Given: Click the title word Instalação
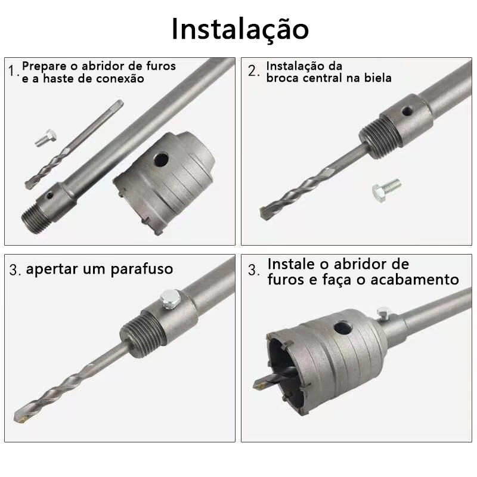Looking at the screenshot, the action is pyautogui.click(x=240, y=29).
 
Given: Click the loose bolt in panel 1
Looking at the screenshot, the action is pyautogui.click(x=46, y=138).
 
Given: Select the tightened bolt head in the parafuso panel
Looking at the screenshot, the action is pyautogui.click(x=170, y=299).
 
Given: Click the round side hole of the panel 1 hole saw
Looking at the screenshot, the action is pyautogui.click(x=161, y=159).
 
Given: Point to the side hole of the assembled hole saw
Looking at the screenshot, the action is pyautogui.click(x=342, y=329).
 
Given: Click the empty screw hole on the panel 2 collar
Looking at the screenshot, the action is pyautogui.click(x=407, y=111).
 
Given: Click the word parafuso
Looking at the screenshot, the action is pyautogui.click(x=142, y=270).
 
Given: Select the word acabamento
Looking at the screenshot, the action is pyautogui.click(x=414, y=280).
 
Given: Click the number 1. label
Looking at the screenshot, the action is pyautogui.click(x=13, y=71).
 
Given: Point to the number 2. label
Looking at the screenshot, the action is pyautogui.click(x=253, y=71).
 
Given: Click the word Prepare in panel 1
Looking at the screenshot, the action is pyautogui.click(x=44, y=67).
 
